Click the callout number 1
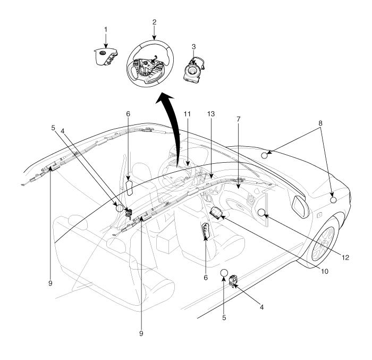click(106, 30)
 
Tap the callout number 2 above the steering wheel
click(155, 22)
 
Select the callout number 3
click(194, 47)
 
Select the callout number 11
click(187, 114)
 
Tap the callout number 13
click(211, 114)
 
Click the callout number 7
click(239, 119)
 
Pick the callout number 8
click(320, 123)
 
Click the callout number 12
click(345, 257)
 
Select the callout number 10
click(324, 271)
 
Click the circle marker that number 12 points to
click(261, 213)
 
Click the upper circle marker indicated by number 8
click(265, 156)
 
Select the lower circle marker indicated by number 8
click(333, 200)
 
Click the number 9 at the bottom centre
click(141, 333)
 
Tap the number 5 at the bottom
click(224, 318)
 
